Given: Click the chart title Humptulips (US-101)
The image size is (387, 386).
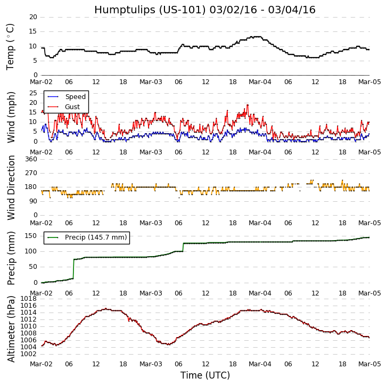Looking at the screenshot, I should pos(204,10).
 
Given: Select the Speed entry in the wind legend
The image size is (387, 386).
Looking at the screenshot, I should pos(75,97).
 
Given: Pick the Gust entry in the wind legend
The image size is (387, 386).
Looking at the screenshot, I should pos(72,107).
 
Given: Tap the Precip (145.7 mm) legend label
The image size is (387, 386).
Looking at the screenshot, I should pos(96,237).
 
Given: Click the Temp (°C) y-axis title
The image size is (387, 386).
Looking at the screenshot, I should pos(11,46).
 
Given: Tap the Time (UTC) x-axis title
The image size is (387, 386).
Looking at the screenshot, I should pos(205,375).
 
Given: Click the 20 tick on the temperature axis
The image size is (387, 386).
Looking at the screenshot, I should pos(33,17).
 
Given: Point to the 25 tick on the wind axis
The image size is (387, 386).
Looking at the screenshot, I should pos(33,93).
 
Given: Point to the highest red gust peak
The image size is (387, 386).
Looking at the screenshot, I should pos(247,105).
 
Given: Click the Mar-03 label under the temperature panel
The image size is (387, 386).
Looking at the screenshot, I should pos(151,82).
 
